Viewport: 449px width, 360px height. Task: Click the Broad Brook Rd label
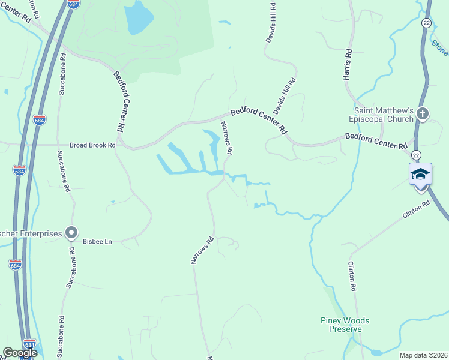tap(93, 145)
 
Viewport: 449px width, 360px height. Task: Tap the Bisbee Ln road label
tap(97, 241)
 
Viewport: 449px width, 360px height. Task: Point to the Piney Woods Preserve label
tap(345, 325)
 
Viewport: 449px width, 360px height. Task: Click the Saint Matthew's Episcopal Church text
tap(384, 115)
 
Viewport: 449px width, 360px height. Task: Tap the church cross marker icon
tap(423, 113)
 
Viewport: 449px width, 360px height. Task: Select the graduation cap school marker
tap(420, 175)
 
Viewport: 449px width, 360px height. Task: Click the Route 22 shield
tap(426, 22)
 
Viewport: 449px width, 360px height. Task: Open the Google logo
tap(20, 353)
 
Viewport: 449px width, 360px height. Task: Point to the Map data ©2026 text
tap(423, 355)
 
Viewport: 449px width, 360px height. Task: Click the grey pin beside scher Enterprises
tap(71, 232)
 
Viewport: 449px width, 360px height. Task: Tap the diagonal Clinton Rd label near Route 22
tap(417, 211)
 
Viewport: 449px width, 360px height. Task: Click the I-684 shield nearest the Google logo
tap(30, 344)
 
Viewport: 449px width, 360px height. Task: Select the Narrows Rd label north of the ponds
tap(227, 139)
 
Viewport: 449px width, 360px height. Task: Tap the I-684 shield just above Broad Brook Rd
tap(40, 119)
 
